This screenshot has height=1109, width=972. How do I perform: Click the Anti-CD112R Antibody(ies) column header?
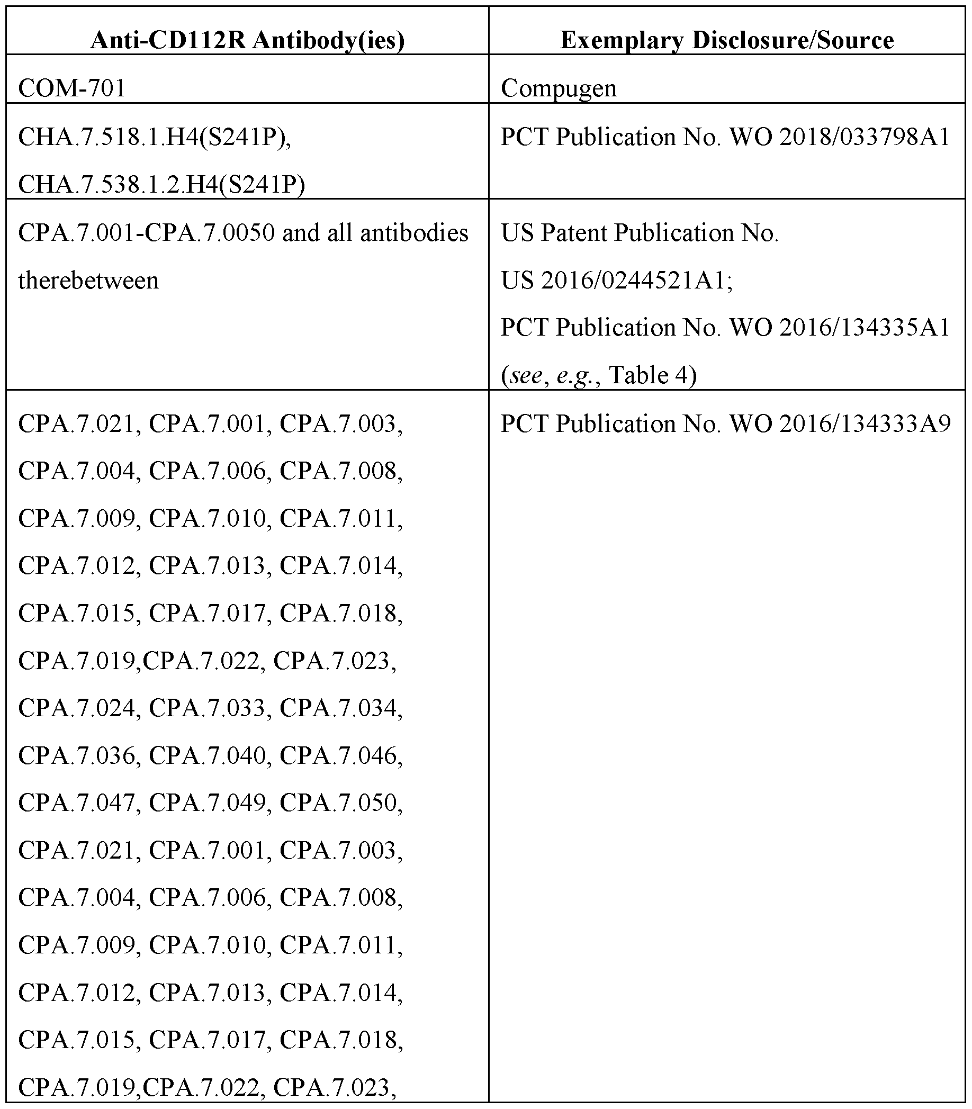point(247,41)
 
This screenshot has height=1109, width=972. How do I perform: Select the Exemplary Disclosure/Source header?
point(727,41)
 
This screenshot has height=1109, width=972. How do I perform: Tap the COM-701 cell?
point(71,88)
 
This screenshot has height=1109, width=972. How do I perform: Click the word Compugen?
point(558,88)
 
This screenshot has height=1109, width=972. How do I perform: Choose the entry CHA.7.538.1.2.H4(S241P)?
point(161,184)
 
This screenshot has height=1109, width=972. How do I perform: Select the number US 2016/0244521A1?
point(616,281)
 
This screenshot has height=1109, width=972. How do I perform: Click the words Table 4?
point(652,375)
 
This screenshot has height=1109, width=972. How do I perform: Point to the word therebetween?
point(88,281)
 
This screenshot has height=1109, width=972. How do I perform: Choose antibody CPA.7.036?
point(76,756)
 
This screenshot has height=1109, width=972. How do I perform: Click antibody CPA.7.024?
point(76,708)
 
